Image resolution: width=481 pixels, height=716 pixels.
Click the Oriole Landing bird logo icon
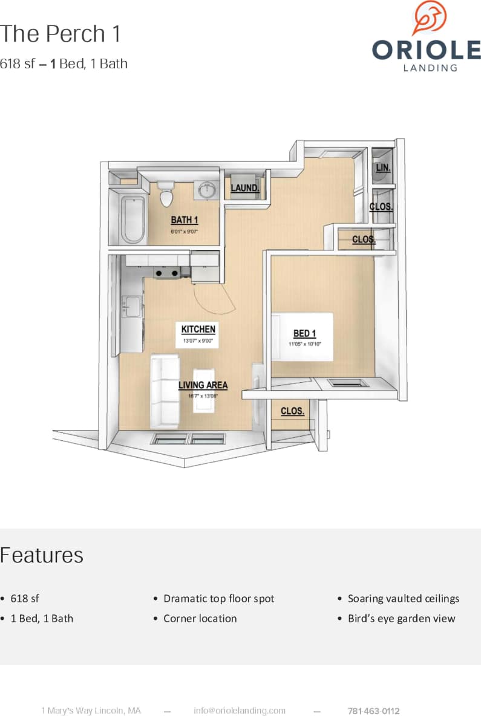click(x=430, y=18)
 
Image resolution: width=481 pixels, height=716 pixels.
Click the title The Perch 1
click(x=60, y=34)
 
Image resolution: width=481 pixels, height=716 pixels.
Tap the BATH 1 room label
click(x=184, y=220)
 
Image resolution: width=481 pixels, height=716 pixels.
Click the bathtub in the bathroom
click(x=134, y=218)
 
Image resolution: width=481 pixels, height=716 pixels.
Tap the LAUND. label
click(x=245, y=189)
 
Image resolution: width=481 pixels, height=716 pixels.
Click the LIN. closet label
click(x=382, y=168)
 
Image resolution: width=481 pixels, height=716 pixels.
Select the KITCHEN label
click(x=198, y=330)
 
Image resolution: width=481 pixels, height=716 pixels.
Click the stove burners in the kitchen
click(x=166, y=273)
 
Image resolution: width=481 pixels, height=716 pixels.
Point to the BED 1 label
click(x=304, y=333)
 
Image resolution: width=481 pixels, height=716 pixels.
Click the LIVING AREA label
click(x=203, y=385)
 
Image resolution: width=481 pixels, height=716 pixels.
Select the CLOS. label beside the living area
click(x=292, y=411)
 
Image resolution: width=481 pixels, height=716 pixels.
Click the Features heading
click(x=42, y=555)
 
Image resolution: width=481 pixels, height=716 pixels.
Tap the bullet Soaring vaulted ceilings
click(x=404, y=599)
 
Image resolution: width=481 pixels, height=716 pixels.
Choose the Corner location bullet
click(x=200, y=619)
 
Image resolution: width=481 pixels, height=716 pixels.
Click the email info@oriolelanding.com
click(x=240, y=711)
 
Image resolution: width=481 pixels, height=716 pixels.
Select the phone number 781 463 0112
click(x=373, y=711)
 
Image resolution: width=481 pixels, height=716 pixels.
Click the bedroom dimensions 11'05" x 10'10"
click(x=304, y=345)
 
